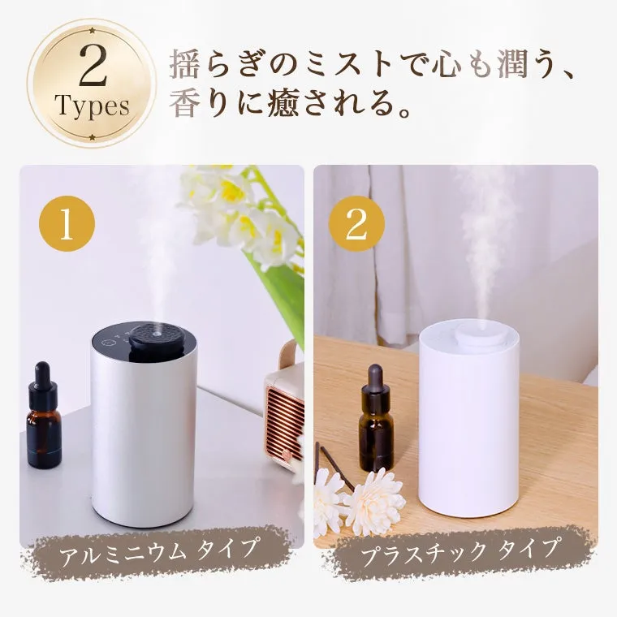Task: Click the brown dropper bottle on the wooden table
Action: tap(375, 422)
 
